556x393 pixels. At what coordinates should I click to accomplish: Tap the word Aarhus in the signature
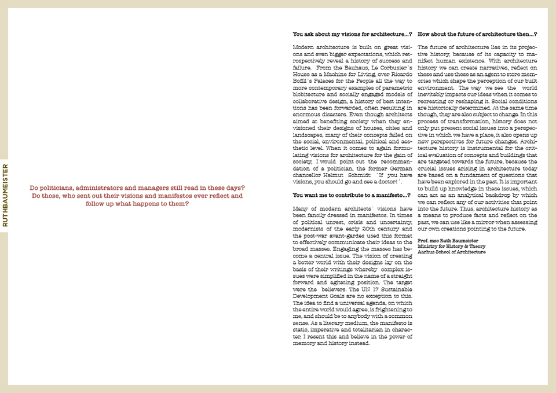tap(426, 252)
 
